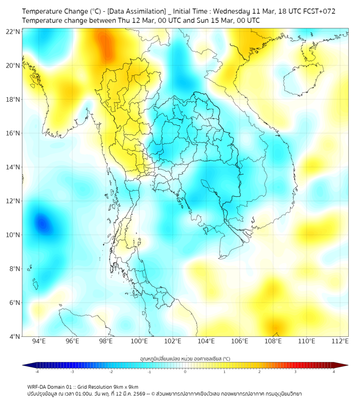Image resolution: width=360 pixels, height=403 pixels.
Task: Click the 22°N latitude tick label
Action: [x=13, y=31]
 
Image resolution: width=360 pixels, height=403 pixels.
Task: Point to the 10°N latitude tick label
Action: [x=13, y=235]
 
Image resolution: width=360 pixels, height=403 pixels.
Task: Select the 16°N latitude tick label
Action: [x=13, y=133]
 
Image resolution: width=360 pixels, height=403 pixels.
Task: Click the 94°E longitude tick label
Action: [x=39, y=342]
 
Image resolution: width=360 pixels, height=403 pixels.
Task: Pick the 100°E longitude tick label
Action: [x=139, y=342]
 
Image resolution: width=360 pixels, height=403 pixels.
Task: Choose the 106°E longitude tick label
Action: [x=240, y=342]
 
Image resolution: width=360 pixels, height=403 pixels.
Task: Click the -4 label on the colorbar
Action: [x=37, y=371]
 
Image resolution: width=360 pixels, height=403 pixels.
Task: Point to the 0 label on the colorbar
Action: [x=185, y=371]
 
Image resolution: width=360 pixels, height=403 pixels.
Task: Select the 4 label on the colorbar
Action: [x=334, y=371]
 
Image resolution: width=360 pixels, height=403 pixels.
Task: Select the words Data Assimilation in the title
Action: [x=136, y=11]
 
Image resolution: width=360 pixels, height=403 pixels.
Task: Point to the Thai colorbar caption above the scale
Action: [x=185, y=359]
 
